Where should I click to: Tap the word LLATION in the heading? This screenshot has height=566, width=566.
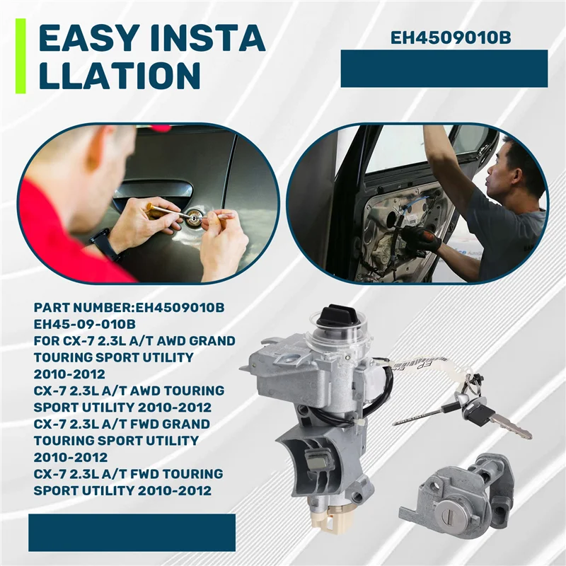tap(118, 75)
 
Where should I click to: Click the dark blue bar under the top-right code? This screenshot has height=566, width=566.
tap(444, 69)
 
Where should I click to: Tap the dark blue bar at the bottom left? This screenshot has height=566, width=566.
tap(132, 532)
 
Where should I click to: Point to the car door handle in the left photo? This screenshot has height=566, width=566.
tap(152, 190)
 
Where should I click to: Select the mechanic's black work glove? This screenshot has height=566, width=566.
tap(420, 240)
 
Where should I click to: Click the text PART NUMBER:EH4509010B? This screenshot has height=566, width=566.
tap(129, 308)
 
